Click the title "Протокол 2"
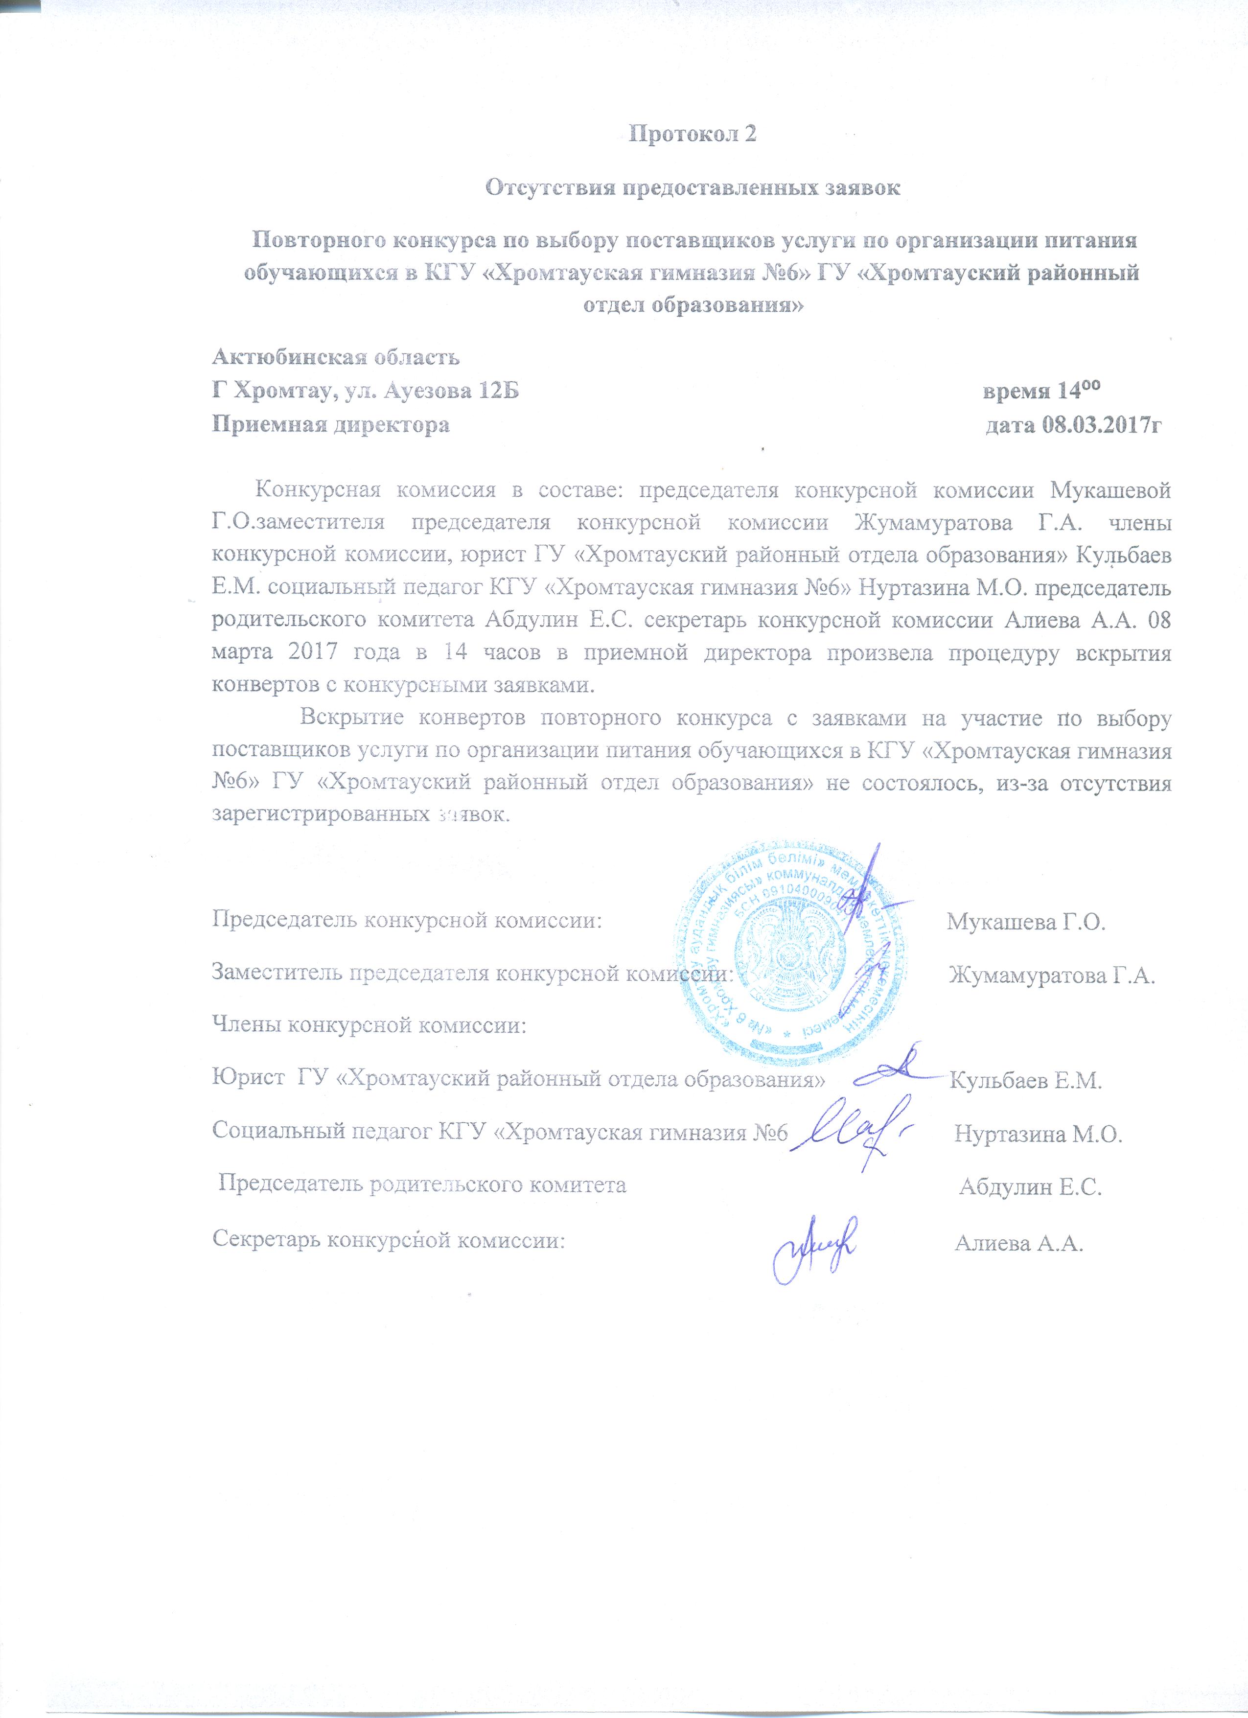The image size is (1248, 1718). [x=693, y=134]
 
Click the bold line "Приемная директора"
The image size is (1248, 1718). [x=330, y=425]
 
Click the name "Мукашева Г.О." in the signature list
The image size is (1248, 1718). [x=1026, y=922]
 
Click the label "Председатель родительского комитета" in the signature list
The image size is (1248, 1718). [x=422, y=1185]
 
